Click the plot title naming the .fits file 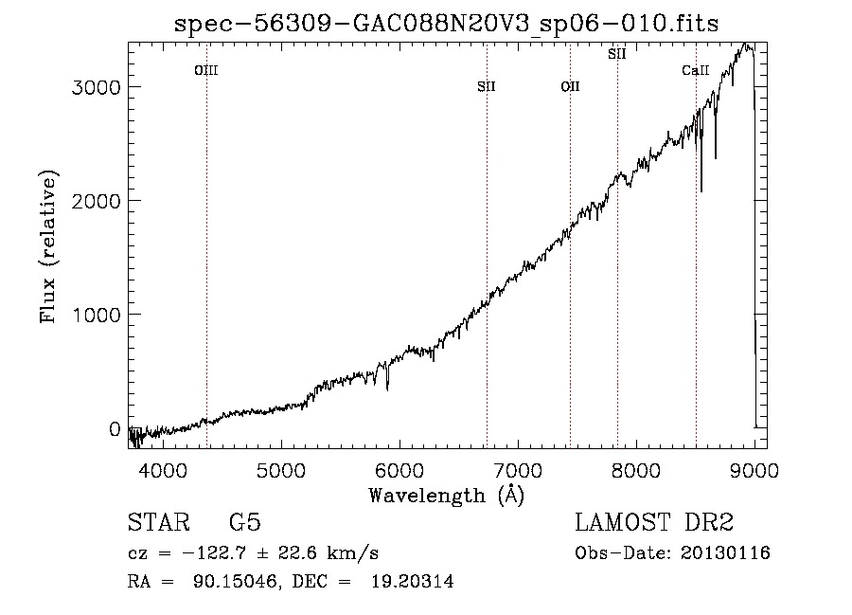(446, 24)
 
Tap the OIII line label (206, 70)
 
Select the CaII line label (696, 70)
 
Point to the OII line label (571, 86)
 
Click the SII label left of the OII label (487, 86)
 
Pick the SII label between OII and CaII (617, 54)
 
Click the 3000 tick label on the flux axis (96, 87)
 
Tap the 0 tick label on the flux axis (115, 429)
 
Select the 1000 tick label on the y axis (96, 315)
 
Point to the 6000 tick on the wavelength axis (399, 470)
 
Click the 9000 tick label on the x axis (754, 470)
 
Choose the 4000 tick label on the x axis (163, 470)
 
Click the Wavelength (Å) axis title (447, 496)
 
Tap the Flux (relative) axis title (48, 246)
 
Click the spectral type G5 (245, 522)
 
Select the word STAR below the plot (159, 522)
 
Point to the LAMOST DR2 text (654, 522)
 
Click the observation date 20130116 (725, 553)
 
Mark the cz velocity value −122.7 (215, 553)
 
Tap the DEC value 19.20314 (413, 581)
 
